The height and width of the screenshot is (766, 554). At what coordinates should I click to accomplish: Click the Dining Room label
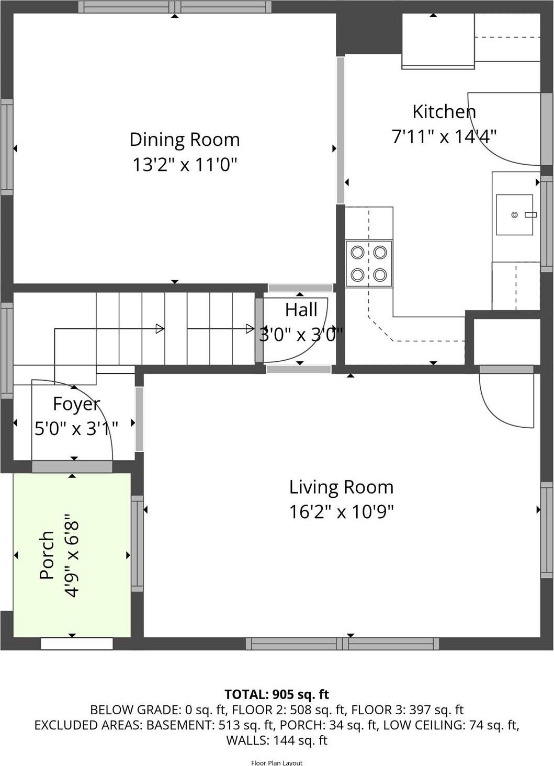click(185, 140)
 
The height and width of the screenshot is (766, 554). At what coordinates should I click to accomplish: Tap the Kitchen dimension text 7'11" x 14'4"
click(444, 136)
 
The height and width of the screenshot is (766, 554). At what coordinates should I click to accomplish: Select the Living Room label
click(341, 487)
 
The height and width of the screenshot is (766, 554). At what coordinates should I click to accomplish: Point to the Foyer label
click(76, 404)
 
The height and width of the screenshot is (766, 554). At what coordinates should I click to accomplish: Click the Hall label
click(301, 310)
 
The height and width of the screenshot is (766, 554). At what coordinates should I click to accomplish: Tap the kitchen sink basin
click(514, 214)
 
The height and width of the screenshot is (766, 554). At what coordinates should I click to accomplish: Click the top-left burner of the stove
click(357, 253)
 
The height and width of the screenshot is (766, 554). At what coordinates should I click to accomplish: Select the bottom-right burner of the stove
click(380, 275)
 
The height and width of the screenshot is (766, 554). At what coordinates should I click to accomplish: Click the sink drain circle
click(515, 215)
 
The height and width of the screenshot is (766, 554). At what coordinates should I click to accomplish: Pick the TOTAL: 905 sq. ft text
click(277, 694)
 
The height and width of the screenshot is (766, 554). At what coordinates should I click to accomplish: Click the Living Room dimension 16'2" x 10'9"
click(341, 511)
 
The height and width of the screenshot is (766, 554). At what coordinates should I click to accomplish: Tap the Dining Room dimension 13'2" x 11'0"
click(185, 165)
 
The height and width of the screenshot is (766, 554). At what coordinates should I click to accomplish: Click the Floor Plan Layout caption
click(277, 763)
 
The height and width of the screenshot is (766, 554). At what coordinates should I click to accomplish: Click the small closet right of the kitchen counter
click(506, 341)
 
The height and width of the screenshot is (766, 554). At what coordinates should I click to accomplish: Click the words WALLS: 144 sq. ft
click(277, 740)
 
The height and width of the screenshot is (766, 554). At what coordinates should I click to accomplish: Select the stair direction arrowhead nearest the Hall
click(250, 329)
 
